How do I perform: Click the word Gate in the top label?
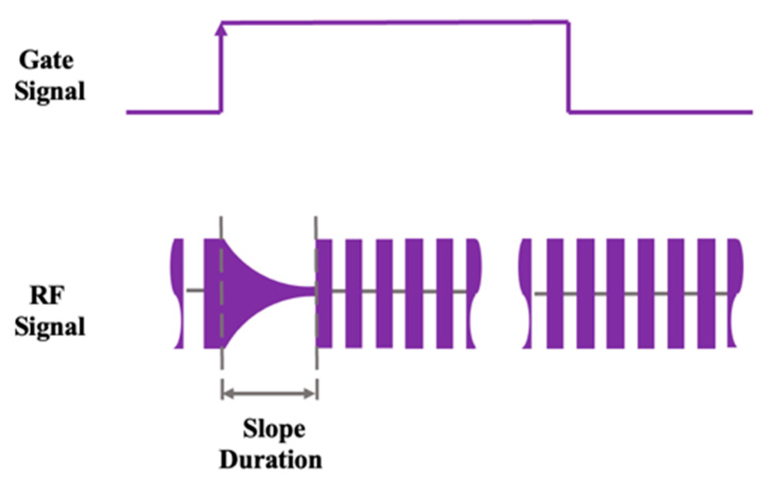(x=47, y=60)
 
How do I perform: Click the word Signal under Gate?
(x=50, y=91)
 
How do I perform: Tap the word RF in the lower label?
(x=47, y=296)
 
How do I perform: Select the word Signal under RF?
(x=50, y=327)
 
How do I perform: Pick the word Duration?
(x=270, y=460)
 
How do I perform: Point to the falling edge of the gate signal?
(x=568, y=67)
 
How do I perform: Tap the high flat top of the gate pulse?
(x=394, y=22)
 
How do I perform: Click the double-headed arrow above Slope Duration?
(x=269, y=394)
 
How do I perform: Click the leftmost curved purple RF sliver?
(x=178, y=293)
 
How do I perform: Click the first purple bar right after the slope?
(x=324, y=293)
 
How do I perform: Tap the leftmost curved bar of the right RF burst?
(x=526, y=293)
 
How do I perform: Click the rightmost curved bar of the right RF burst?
(x=735, y=293)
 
